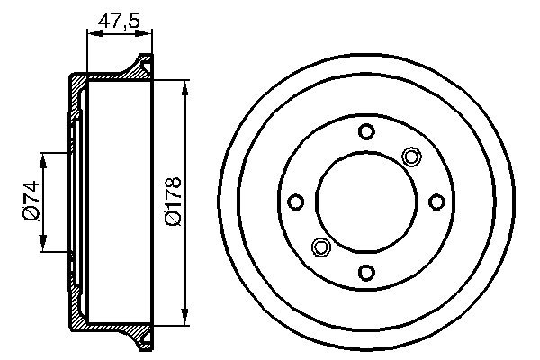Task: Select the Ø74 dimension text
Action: (x=30, y=202)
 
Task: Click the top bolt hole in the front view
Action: (x=365, y=132)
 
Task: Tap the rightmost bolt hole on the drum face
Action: (x=436, y=202)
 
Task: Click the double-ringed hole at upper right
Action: (x=411, y=157)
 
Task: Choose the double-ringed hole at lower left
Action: (x=319, y=247)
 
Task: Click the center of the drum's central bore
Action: (x=365, y=202)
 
